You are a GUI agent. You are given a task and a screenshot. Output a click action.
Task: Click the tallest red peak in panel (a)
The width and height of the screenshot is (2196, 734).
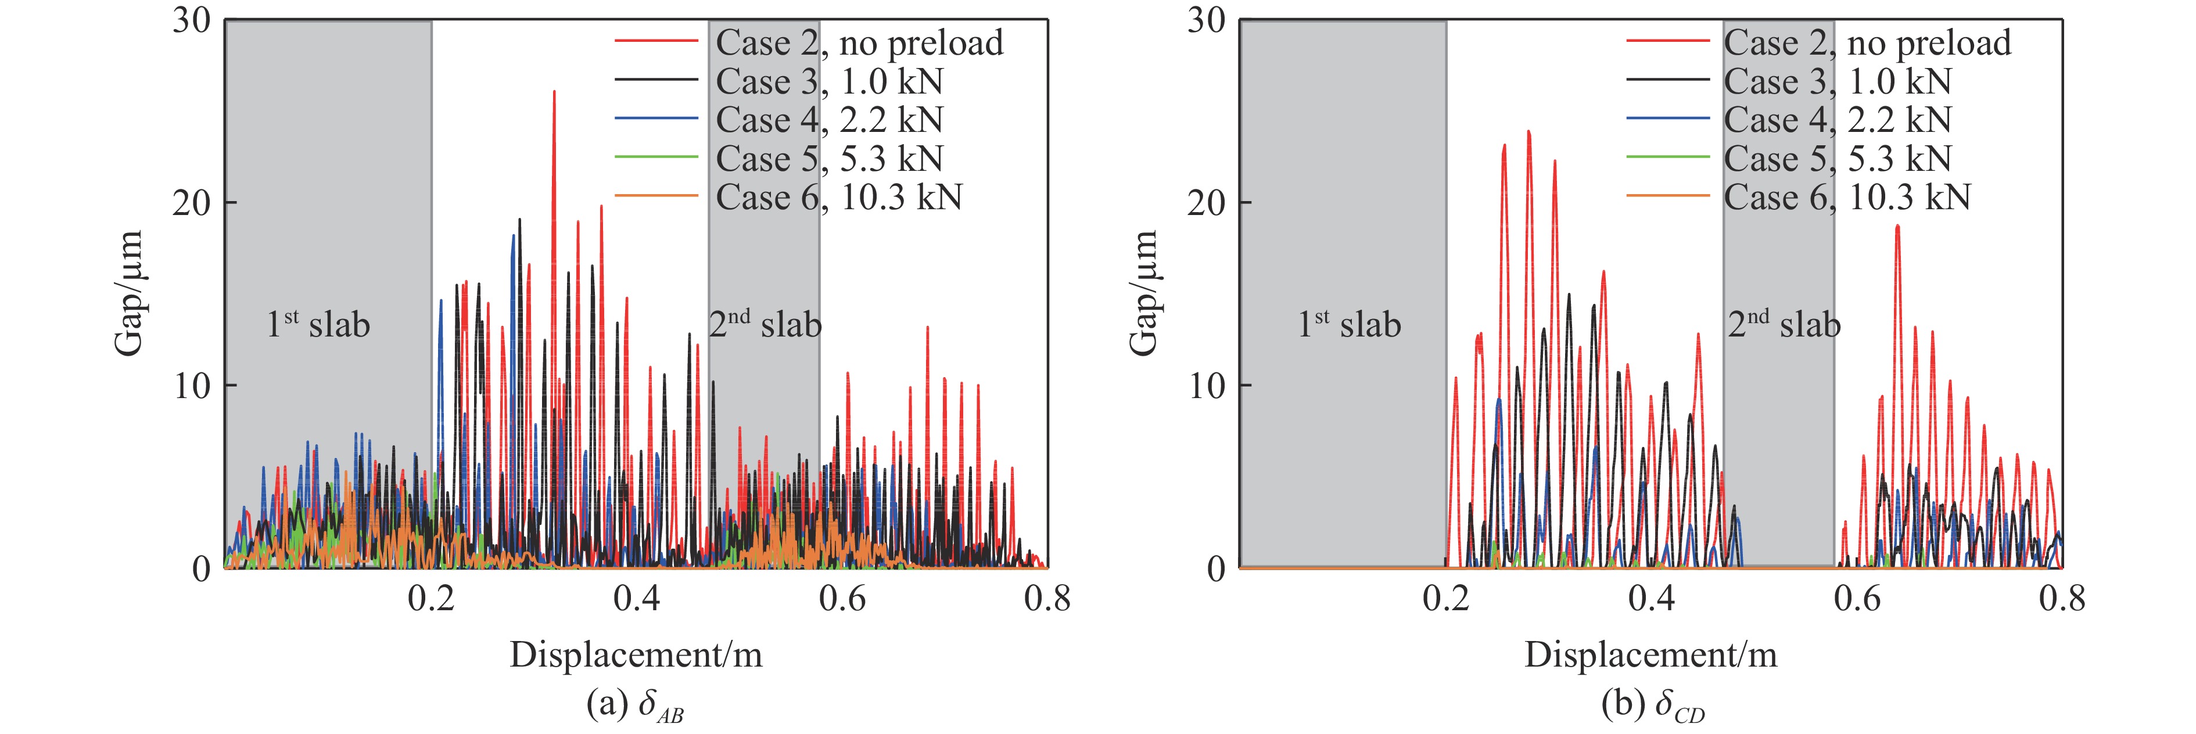[554, 92]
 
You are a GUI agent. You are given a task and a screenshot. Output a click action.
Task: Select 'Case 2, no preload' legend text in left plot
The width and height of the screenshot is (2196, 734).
[859, 42]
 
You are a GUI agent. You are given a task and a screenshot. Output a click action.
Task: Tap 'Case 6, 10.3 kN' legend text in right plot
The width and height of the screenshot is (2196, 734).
[1847, 197]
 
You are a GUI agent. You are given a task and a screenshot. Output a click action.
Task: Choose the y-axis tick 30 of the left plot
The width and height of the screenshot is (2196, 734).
[192, 20]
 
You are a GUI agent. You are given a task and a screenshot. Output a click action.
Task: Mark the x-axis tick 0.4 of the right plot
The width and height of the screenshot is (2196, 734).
[1651, 599]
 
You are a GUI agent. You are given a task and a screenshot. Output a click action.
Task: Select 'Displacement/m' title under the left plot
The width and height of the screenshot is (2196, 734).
[636, 655]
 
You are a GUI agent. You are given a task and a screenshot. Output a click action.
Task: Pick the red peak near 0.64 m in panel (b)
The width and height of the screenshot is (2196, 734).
[1897, 227]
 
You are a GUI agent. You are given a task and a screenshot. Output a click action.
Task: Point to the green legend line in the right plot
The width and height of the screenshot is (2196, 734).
[1667, 157]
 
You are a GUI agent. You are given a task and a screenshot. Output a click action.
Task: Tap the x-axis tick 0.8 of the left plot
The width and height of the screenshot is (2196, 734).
[1047, 599]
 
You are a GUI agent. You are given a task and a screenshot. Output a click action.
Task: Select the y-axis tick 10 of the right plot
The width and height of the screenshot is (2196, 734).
[1206, 385]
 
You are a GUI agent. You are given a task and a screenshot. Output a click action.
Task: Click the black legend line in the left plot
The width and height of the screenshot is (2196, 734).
[656, 81]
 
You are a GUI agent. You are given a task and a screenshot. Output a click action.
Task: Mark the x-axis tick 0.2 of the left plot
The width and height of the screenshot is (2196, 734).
[430, 599]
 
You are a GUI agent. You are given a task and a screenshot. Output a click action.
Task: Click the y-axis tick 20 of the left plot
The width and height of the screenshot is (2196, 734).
[192, 203]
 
